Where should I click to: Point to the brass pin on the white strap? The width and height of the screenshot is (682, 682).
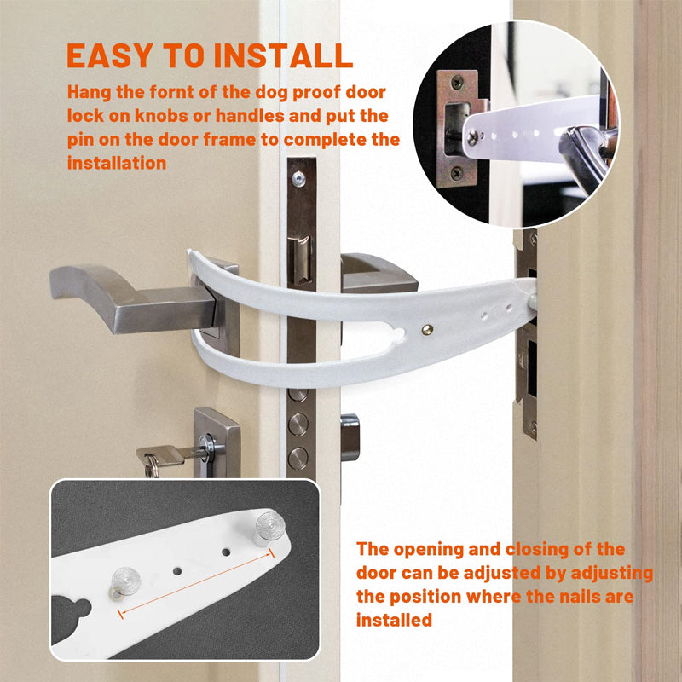pos(426,327)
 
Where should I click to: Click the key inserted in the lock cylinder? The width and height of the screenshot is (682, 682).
pos(166,456)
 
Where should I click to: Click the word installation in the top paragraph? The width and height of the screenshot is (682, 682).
pos(117,162)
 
